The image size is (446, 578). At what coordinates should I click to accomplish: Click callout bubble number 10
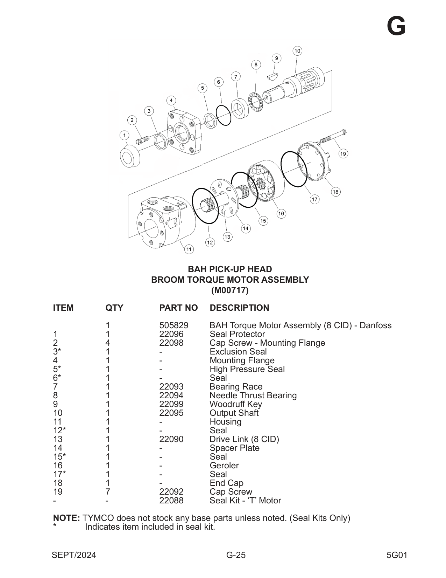pos(297,51)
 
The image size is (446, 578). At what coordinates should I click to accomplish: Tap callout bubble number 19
pos(343,153)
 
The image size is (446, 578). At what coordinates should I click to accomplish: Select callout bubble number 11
pos(189,249)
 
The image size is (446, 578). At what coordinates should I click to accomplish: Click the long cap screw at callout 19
pos(333,137)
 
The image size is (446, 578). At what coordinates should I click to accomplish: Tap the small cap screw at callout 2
pos(142,139)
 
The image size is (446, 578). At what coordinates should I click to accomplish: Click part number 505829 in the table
pos(174,325)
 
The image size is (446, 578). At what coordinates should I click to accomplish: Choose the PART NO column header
pos(178,308)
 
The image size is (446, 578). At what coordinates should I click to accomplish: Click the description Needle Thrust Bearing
pos(253,395)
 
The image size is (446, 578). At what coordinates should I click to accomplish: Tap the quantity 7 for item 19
pos(108,491)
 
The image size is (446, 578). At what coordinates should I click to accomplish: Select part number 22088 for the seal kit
pos(171,500)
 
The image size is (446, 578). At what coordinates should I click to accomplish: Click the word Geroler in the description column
pos(224,465)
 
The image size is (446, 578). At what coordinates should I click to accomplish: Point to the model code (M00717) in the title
pos(230,290)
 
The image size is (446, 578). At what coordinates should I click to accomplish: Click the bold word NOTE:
pos(66,518)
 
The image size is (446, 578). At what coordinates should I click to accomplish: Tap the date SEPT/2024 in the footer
pos(73,555)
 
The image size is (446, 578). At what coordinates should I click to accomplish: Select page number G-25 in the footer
pos(236,555)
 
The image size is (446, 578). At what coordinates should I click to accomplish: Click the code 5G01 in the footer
pos(397,555)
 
